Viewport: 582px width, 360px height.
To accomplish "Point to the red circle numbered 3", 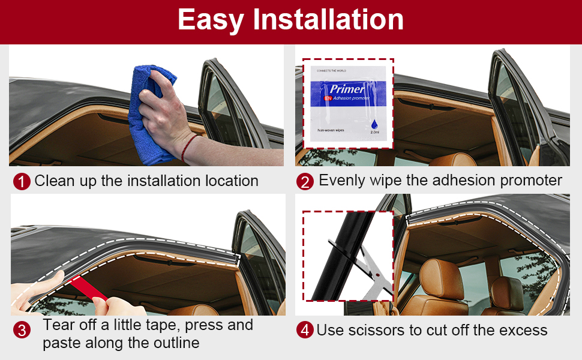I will (22, 329).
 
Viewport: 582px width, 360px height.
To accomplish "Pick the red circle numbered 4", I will (305, 330).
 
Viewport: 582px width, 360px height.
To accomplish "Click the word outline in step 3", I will (173, 344).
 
